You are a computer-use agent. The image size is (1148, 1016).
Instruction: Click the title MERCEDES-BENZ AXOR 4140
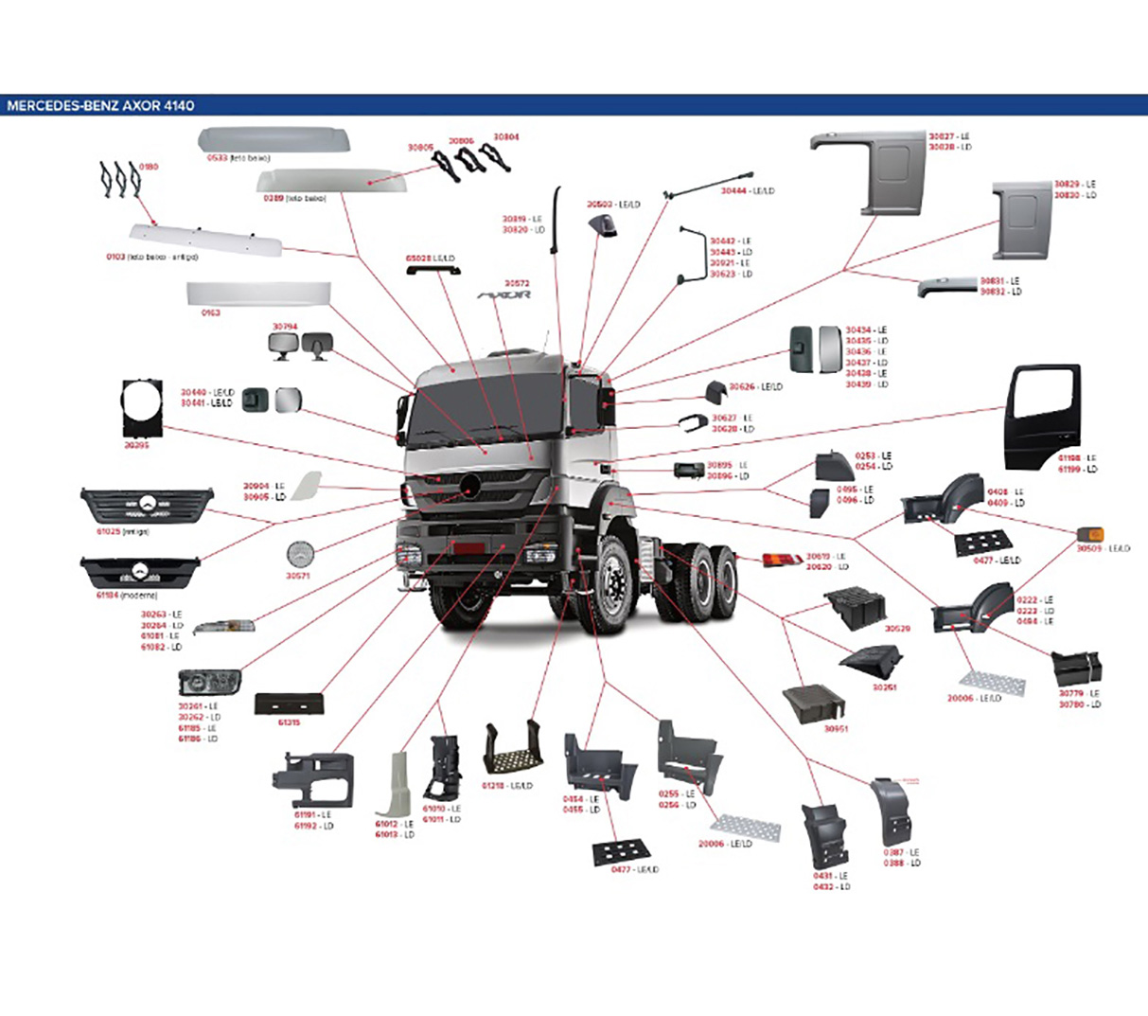[100, 105]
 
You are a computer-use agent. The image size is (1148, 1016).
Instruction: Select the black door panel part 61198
[1042, 416]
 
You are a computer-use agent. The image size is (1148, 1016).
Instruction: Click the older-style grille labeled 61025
[147, 506]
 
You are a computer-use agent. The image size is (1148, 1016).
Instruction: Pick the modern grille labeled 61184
[140, 572]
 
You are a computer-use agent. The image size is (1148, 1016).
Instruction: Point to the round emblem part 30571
[299, 555]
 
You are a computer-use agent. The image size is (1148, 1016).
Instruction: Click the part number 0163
[210, 312]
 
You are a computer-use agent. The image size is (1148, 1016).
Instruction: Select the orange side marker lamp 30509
[1090, 536]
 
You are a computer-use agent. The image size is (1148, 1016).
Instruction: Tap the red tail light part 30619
[782, 561]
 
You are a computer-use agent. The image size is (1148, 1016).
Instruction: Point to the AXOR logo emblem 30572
[504, 295]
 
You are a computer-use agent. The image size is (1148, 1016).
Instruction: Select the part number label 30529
[896, 629]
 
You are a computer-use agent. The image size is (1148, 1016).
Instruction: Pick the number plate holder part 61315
[290, 704]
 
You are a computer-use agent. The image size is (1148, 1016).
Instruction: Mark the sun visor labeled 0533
[274, 140]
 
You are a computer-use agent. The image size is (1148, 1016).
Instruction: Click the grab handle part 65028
[433, 270]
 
